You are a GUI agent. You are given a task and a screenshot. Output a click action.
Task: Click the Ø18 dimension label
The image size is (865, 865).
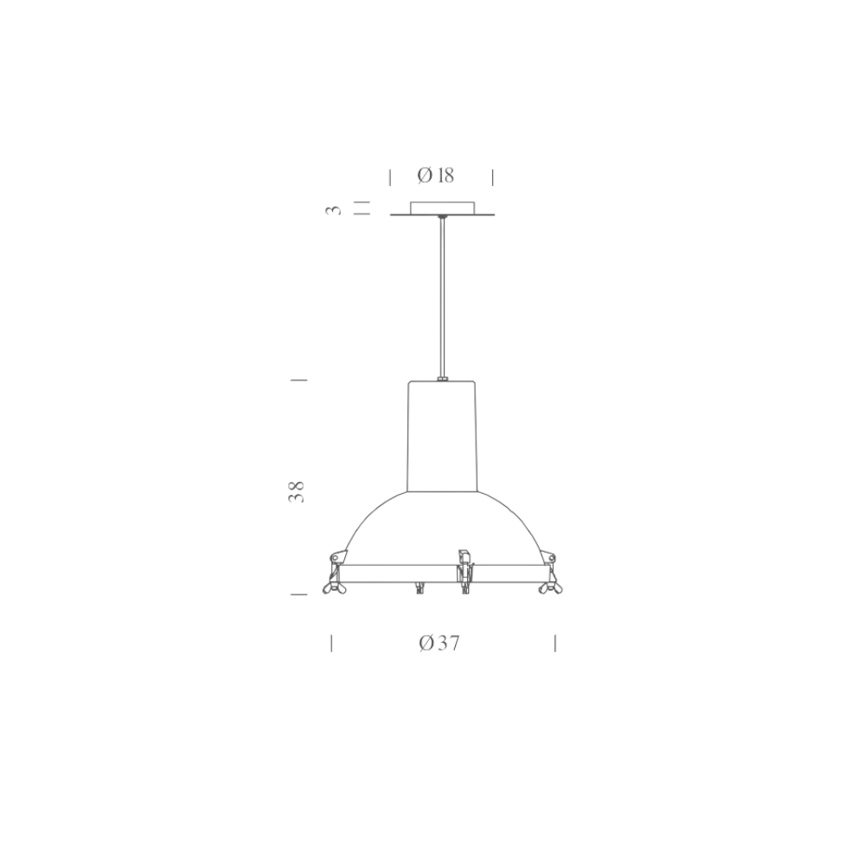(x=436, y=176)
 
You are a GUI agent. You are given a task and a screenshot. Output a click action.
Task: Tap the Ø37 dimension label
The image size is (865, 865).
(x=439, y=644)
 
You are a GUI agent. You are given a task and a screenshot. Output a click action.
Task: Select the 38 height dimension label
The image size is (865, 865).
(x=297, y=491)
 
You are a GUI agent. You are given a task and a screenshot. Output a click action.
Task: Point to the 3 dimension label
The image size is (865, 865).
(x=334, y=209)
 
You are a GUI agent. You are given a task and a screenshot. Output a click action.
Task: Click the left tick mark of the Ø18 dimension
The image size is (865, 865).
(x=390, y=177)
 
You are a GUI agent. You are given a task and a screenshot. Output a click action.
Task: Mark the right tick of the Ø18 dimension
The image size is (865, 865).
(x=493, y=177)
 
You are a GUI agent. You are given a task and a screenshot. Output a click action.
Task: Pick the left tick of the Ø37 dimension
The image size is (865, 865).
(x=331, y=644)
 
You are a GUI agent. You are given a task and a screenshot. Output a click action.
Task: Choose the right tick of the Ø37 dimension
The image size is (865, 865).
(x=555, y=644)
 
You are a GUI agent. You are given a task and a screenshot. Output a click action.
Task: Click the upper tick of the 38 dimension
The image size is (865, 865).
(x=298, y=380)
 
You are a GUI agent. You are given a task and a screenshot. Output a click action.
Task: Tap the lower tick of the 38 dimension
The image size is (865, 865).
(x=298, y=594)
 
